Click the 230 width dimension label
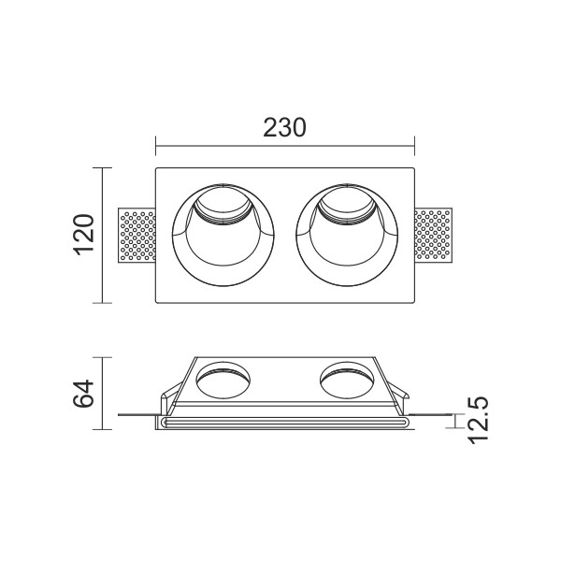pos(284,127)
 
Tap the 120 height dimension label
pos(84,235)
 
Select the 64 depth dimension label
pos(83,394)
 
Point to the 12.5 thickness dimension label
pos(479,420)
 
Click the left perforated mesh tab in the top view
pos(137,235)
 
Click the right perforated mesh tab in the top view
pos(433,235)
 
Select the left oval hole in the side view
pos(223,380)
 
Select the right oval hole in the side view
pos(347,380)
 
